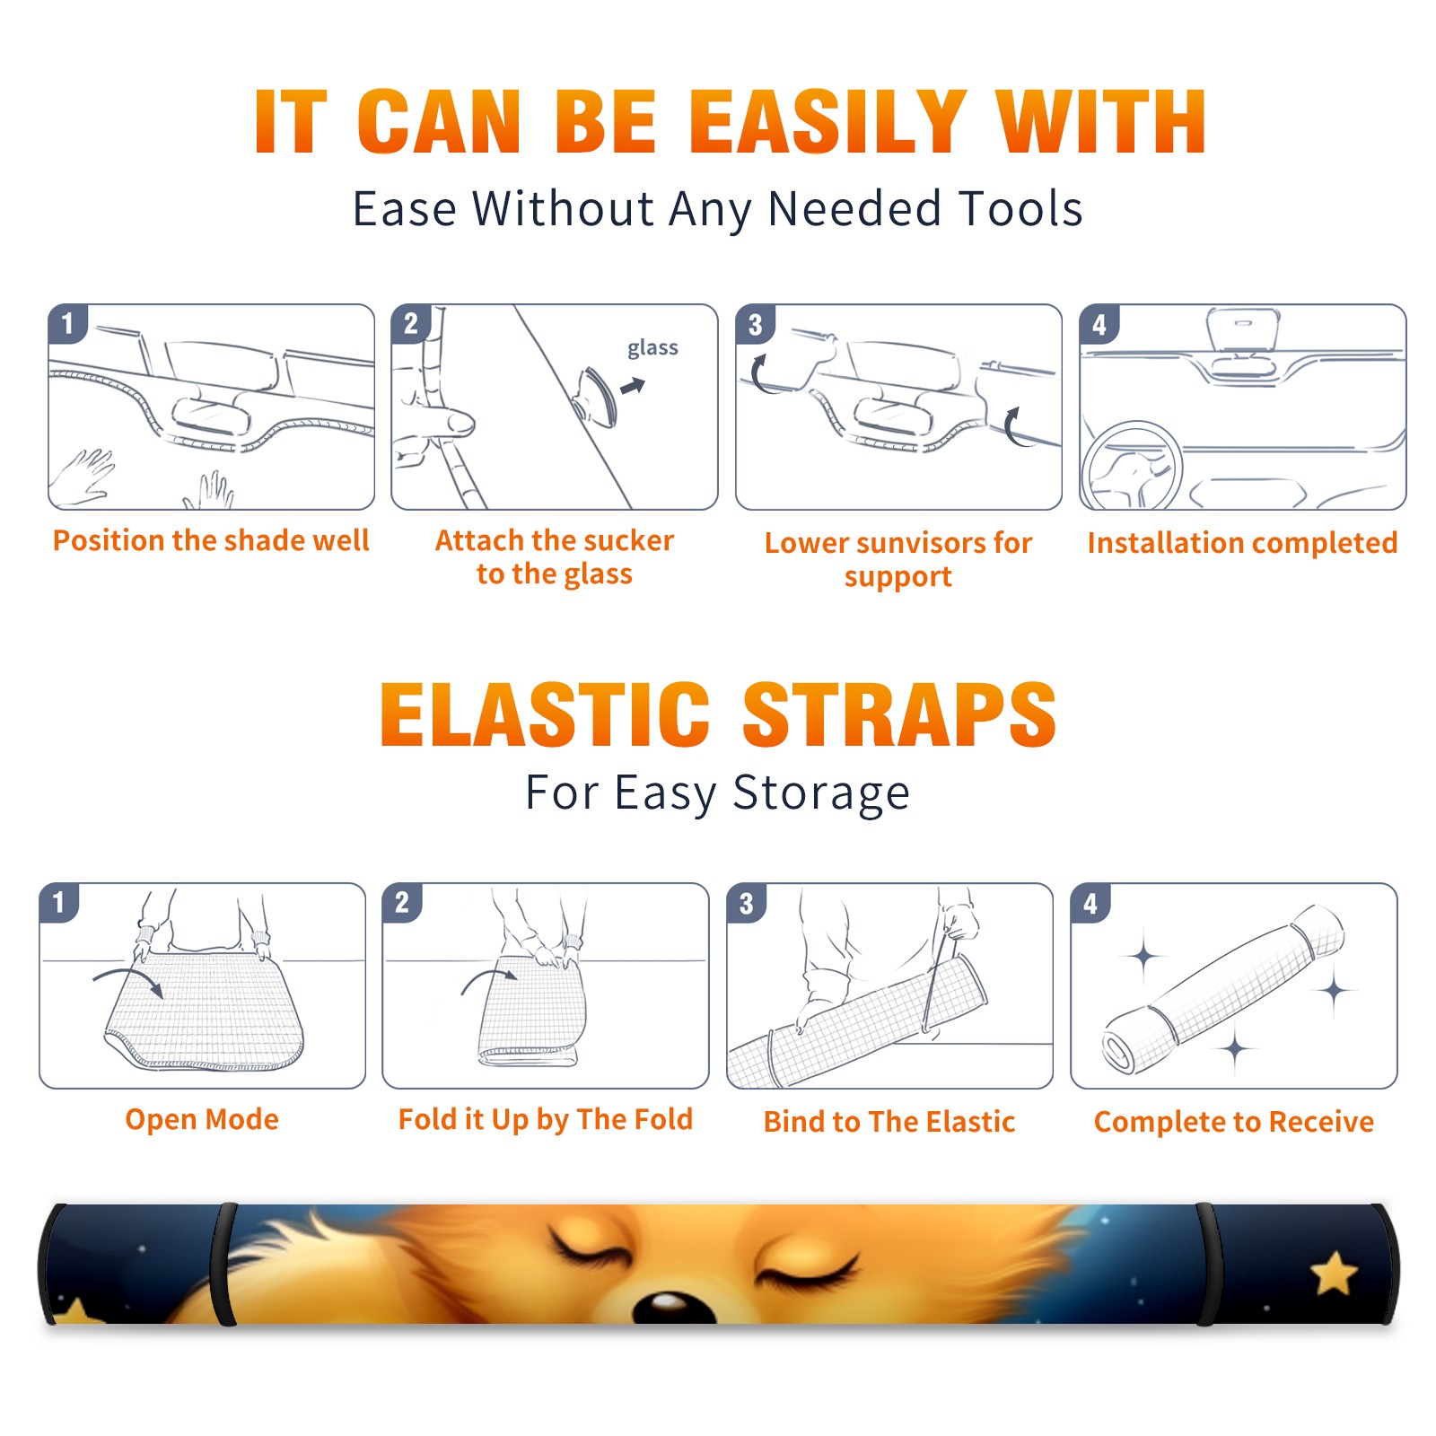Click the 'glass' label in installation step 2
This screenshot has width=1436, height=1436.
point(652,348)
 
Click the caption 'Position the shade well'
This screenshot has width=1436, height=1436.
point(211,540)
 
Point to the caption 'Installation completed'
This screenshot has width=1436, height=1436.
point(1242,543)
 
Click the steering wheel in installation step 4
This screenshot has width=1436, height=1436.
point(1132,467)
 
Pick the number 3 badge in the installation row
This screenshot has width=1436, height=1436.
point(756,325)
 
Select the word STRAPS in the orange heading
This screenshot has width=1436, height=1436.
point(899,714)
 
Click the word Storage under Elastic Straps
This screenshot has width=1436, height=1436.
point(821,793)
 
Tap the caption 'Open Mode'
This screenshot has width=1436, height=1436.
point(202,1119)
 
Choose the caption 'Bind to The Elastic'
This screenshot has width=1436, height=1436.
point(889,1122)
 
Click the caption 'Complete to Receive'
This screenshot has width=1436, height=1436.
point(1234,1122)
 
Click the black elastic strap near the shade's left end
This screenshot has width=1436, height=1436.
point(223,1265)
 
